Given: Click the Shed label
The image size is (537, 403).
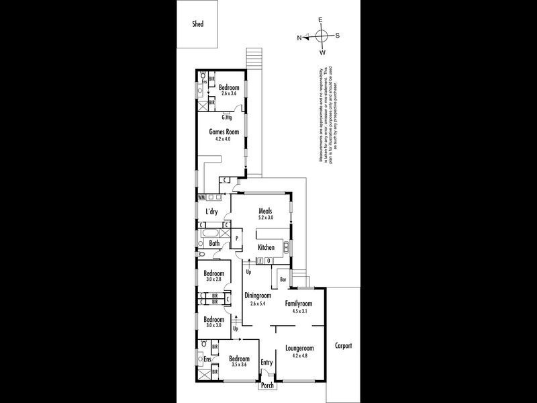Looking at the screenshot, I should coord(197,24).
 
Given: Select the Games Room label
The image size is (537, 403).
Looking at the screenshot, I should coord(224,132).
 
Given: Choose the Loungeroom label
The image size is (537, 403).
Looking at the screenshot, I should coord(299,348).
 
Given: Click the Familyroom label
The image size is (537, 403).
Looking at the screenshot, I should coord(299,303).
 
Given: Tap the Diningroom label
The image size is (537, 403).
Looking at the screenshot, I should coord(257,295).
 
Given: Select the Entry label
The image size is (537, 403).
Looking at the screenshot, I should coord(267,363).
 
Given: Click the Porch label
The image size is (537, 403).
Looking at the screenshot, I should coord(267,386).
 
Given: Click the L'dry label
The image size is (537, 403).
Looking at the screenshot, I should coord(212,212).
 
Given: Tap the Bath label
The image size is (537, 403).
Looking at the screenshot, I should coord(214,243).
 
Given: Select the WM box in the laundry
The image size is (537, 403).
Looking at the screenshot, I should coord(201,197).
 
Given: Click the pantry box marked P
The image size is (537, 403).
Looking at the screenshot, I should coord(237,238).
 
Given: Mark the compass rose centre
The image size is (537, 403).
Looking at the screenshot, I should coord(321,36).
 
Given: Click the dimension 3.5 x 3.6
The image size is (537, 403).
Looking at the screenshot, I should coord(239,365).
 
